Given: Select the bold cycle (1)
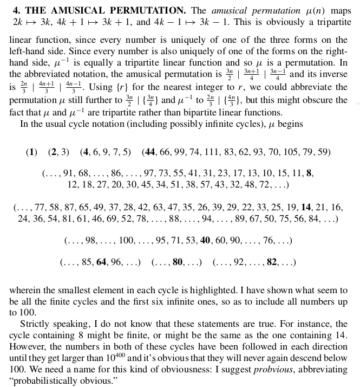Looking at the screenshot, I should click(31, 152).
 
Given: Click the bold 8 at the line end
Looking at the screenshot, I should click(309, 174).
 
